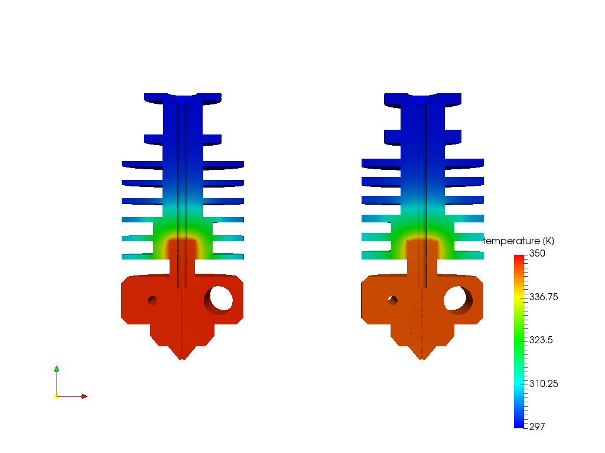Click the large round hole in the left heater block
(219, 300)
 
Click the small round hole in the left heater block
(152, 300)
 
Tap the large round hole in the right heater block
(458, 299)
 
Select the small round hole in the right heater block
(393, 300)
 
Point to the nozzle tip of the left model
(183, 357)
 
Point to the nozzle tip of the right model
(423, 357)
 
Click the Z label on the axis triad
(60, 367)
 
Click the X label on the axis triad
(86, 393)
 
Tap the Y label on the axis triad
(60, 393)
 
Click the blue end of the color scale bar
(519, 424)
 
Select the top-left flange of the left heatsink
(154, 96)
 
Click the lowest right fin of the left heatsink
(227, 257)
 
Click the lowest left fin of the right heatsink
(376, 255)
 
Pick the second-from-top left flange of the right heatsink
(393, 136)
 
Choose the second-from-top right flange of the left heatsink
(212, 139)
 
